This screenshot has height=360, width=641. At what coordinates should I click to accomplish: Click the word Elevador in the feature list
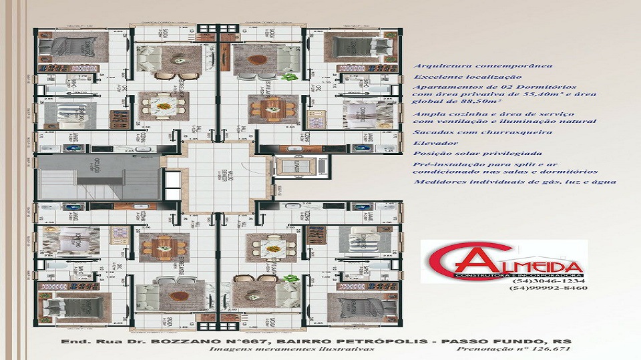[x=435, y=143]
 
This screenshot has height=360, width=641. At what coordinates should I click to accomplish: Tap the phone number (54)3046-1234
[x=537, y=281]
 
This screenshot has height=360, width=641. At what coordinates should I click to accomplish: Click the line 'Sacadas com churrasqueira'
[x=483, y=132]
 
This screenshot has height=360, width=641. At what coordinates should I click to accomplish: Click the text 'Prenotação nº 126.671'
[x=514, y=349]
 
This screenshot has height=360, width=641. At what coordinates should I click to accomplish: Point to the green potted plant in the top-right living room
[x=289, y=77]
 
